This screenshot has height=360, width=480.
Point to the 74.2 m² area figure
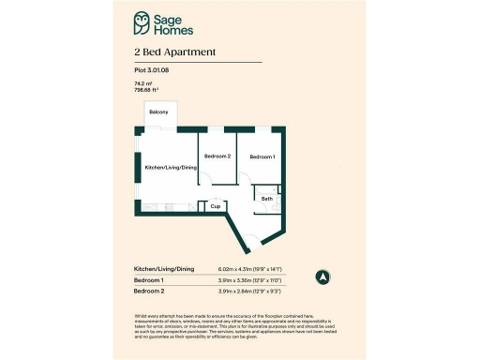click(x=144, y=84)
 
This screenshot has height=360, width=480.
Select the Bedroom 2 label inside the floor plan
click(x=217, y=157)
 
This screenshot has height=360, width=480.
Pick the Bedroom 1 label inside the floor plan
click(x=262, y=157)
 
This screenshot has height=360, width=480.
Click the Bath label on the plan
click(x=267, y=199)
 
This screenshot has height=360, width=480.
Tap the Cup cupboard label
click(x=215, y=206)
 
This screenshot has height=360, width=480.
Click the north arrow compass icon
click(x=323, y=277)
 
